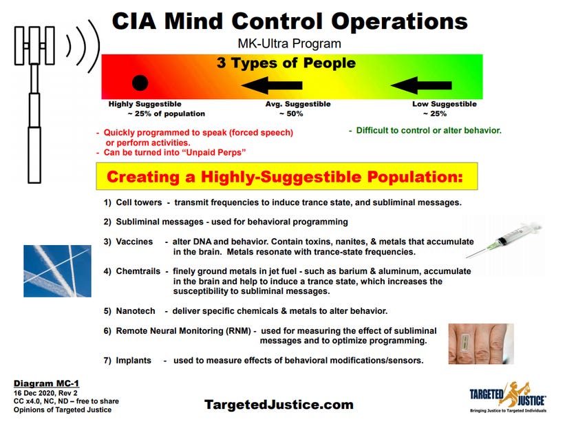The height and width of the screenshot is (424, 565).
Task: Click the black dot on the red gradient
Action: coord(140,83)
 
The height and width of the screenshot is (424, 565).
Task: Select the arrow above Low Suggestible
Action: coord(420,85)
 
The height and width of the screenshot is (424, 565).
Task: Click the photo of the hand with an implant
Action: coord(481,343)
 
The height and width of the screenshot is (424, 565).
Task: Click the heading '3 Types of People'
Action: coord(286,64)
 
